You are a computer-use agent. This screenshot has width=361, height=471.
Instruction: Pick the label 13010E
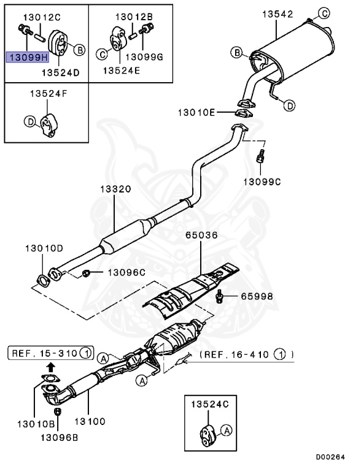[x=196, y=112]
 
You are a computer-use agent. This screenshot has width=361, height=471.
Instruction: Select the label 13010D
[x=44, y=249]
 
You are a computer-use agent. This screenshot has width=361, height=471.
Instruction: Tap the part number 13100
[x=90, y=421]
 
